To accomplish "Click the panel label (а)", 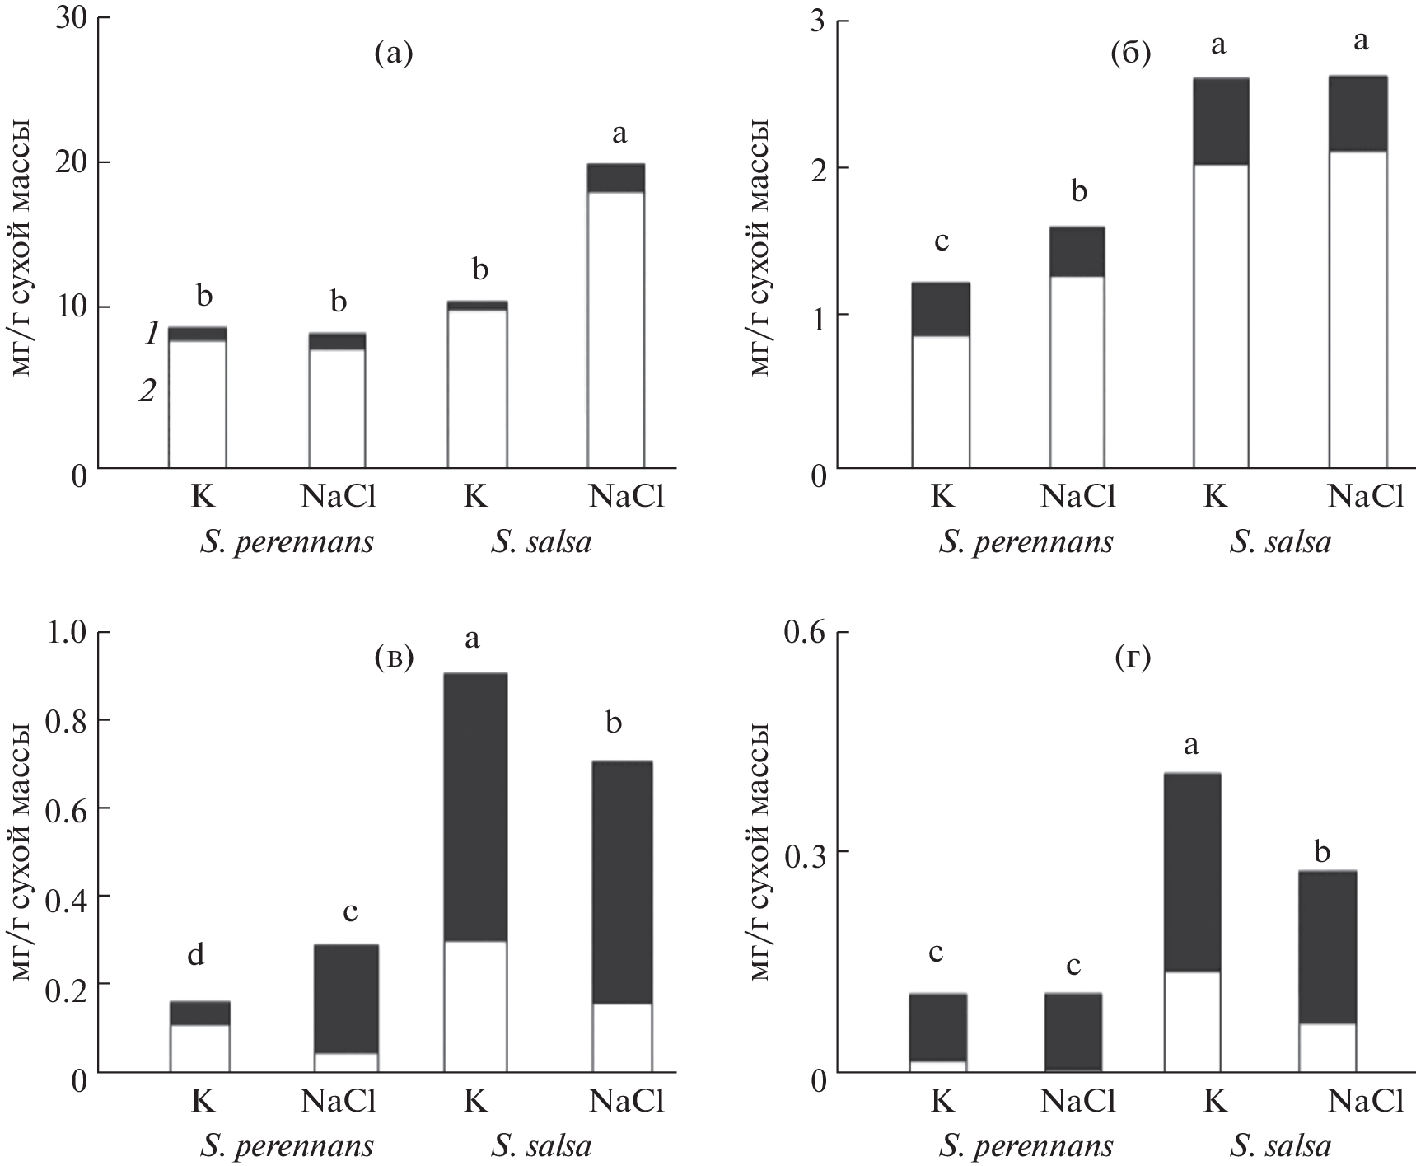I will point(393,54).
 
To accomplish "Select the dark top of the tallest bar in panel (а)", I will point(615,177).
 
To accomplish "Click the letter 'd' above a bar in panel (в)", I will point(195,954).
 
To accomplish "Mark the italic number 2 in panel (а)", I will point(147,391).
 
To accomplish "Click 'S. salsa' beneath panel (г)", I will point(1280,1146).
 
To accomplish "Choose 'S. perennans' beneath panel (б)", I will point(1026,543).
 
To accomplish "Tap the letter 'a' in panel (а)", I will point(619,133).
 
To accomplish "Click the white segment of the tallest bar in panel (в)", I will point(475,1005).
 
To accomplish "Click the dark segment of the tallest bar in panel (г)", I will point(1192,872).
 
